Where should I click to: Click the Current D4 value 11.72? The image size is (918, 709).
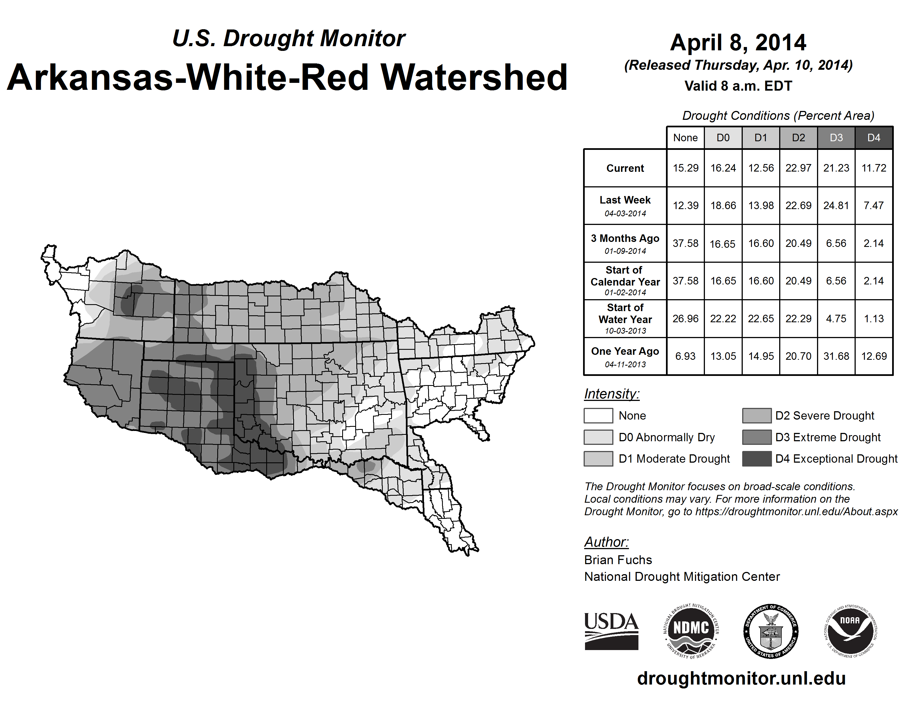[874, 168]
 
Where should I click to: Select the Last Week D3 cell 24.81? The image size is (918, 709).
[836, 205]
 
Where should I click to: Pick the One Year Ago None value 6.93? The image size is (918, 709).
[685, 356]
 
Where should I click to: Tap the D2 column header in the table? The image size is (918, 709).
[798, 138]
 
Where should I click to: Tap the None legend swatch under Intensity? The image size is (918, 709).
[598, 415]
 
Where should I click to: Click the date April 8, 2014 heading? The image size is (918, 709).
[738, 43]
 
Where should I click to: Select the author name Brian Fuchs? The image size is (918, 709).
[618, 560]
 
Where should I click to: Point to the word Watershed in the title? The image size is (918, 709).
[474, 77]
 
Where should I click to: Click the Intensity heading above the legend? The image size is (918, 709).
[611, 394]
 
